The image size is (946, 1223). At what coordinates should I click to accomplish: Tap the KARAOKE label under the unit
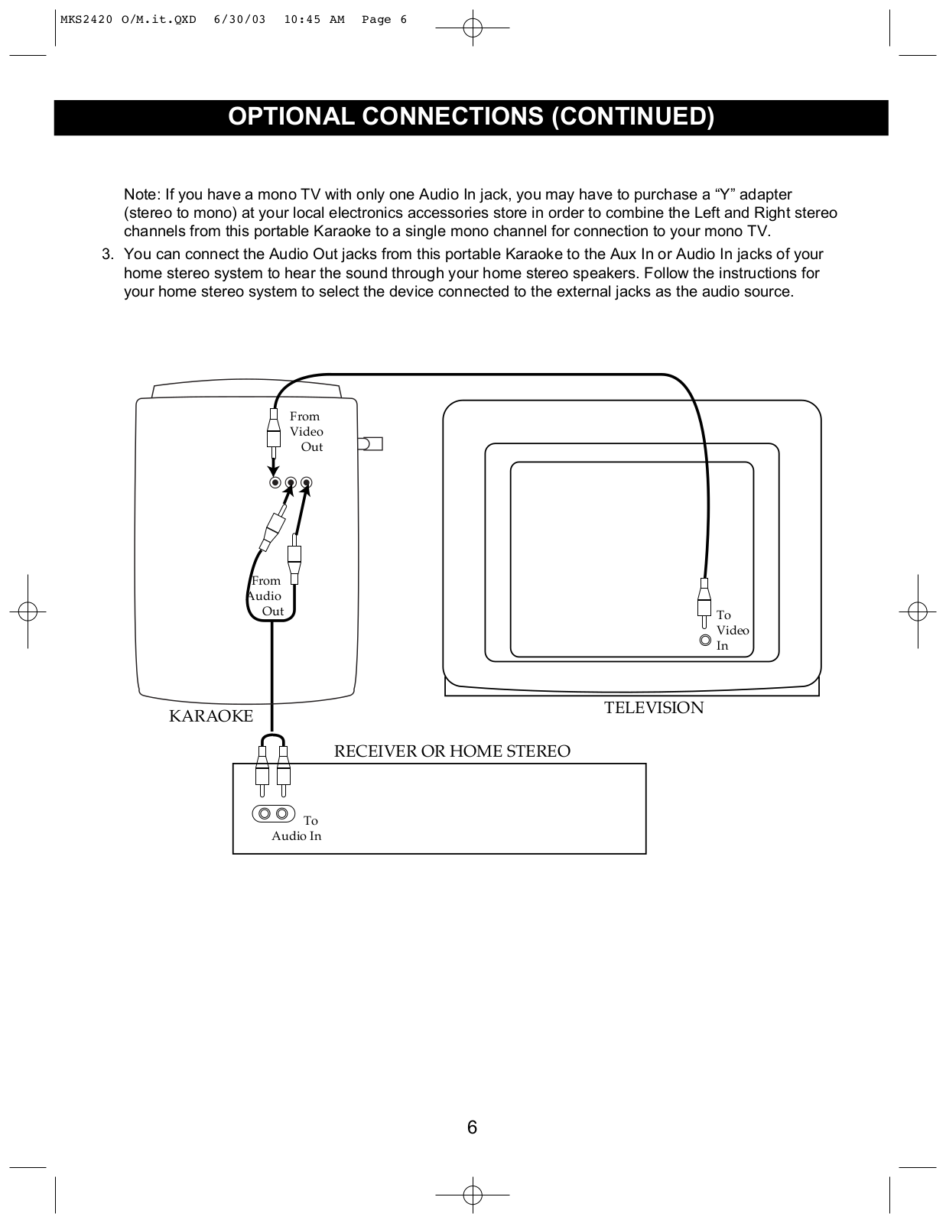[x=211, y=716]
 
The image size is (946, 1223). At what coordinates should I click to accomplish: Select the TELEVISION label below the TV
[x=654, y=708]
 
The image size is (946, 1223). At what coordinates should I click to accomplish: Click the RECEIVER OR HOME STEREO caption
[x=452, y=751]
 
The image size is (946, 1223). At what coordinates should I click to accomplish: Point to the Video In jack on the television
[x=705, y=641]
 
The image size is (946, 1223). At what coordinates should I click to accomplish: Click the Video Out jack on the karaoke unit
[x=275, y=482]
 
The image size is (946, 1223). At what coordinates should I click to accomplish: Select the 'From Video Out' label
[x=306, y=432]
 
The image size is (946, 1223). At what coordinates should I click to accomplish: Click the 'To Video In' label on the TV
[x=732, y=631]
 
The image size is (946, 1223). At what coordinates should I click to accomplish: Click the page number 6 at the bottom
[x=472, y=1127]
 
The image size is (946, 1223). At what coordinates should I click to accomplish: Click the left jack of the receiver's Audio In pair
[x=264, y=813]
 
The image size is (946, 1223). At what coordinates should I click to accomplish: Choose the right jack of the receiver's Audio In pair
[x=282, y=813]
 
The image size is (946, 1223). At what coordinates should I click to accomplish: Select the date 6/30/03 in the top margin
[x=240, y=20]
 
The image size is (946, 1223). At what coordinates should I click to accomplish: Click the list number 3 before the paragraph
[x=107, y=255]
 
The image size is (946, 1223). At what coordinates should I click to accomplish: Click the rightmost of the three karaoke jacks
[x=307, y=482]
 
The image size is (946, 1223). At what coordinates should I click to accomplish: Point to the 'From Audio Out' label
[x=266, y=596]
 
